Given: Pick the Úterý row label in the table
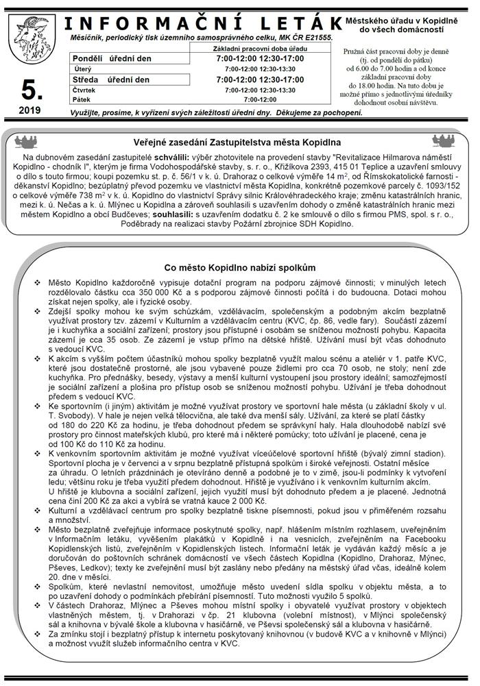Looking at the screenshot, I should click(83, 69).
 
